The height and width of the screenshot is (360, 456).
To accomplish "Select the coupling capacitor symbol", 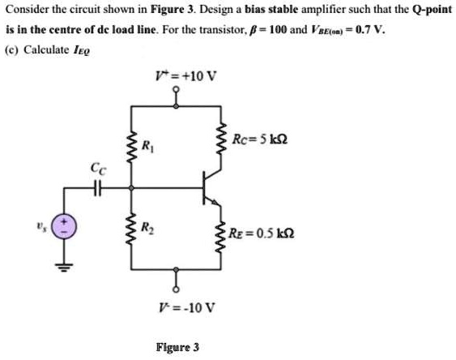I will (98, 189).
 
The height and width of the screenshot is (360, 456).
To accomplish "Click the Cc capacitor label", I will (98, 169).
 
